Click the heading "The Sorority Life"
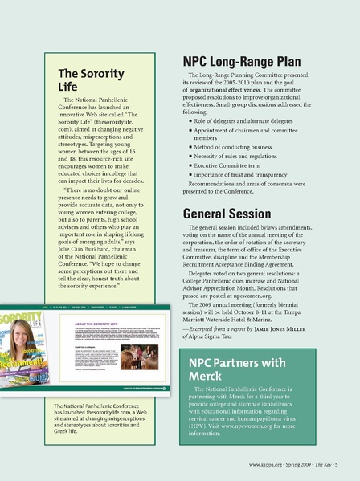(x=91, y=79)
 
